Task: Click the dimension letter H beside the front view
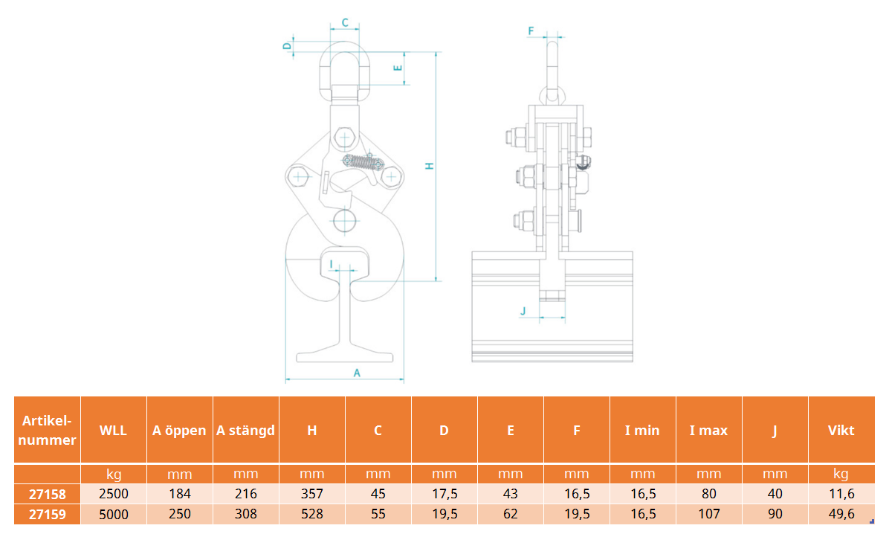430,166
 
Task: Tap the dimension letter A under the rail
357,373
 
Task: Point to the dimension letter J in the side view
523,311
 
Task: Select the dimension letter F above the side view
531,30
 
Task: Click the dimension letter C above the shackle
345,22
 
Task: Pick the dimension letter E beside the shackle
398,68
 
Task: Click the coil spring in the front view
362,162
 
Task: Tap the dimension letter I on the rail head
332,265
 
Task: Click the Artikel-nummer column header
47,430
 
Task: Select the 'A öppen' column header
179,431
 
